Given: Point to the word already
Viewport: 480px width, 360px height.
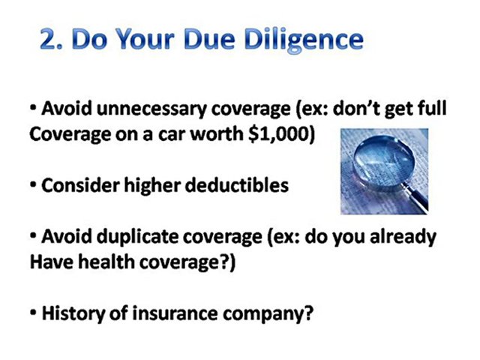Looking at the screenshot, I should (407, 237).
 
